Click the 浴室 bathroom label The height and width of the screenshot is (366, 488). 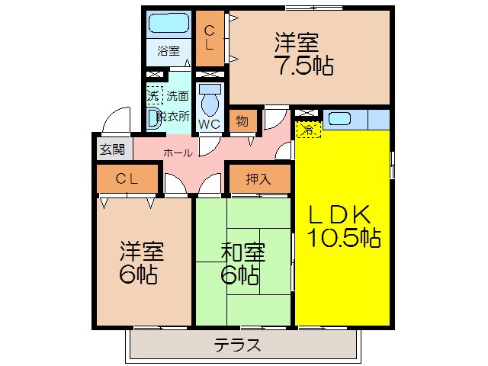point(169,51)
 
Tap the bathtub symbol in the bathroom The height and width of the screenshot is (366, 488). point(168,24)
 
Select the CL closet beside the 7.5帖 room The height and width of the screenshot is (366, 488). point(209,37)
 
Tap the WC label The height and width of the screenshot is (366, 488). point(209,124)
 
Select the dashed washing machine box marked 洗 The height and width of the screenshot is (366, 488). point(154,97)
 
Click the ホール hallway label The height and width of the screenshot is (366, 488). point(177,152)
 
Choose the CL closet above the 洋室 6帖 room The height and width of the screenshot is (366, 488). point(127,178)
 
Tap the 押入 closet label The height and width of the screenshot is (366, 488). point(258,179)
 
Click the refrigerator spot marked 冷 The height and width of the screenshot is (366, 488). point(308,129)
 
